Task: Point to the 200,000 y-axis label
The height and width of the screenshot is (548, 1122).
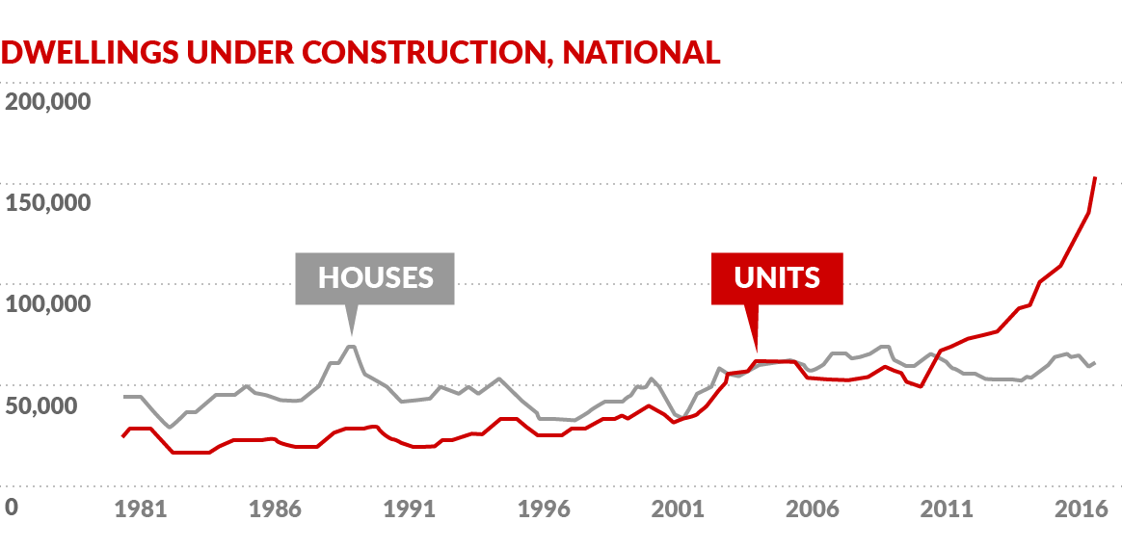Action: click(x=48, y=101)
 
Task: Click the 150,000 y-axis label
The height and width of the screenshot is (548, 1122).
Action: click(x=48, y=203)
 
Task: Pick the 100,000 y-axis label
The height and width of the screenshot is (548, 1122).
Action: click(x=48, y=304)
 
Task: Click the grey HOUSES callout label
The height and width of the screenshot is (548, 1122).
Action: click(x=375, y=278)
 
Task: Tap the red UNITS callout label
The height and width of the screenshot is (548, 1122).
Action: click(x=777, y=278)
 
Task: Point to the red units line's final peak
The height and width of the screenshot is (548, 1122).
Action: click(x=1095, y=178)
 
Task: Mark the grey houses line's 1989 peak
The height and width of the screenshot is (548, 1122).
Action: click(x=352, y=346)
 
